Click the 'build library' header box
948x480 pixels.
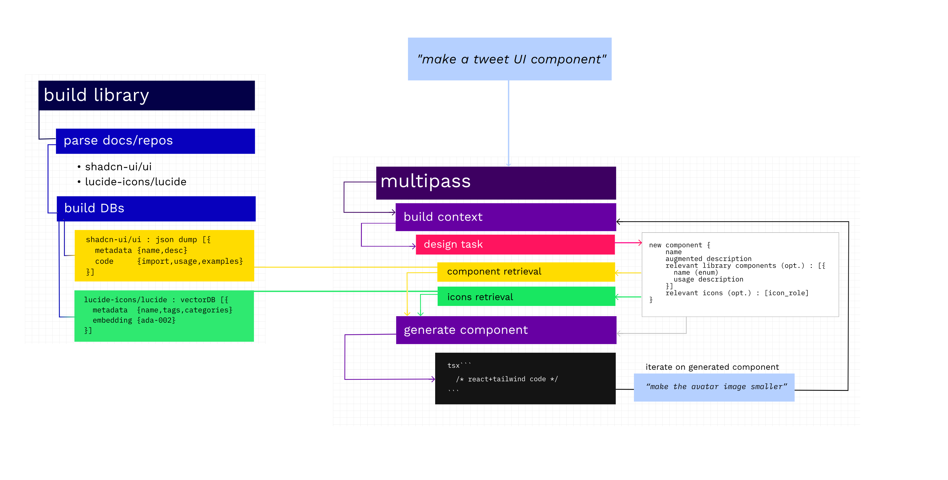146,95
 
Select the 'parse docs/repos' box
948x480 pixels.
155,141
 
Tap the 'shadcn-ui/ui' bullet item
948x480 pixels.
118,167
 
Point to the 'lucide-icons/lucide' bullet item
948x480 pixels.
135,182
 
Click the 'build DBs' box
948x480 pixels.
156,209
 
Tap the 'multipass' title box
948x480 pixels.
496,183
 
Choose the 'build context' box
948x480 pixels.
505,217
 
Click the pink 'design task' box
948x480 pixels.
515,245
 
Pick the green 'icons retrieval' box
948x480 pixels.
526,297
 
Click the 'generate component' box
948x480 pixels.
506,330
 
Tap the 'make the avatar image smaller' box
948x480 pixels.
714,387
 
